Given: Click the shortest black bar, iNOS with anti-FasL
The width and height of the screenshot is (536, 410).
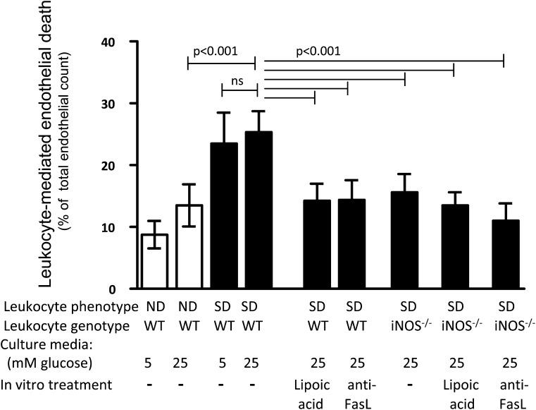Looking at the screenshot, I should tap(504, 255).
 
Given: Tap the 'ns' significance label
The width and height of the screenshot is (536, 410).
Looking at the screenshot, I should tap(237, 81).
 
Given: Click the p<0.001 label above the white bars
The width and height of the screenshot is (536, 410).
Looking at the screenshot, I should tap(215, 52).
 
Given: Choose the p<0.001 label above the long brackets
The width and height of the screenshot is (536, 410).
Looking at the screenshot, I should tap(318, 52).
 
